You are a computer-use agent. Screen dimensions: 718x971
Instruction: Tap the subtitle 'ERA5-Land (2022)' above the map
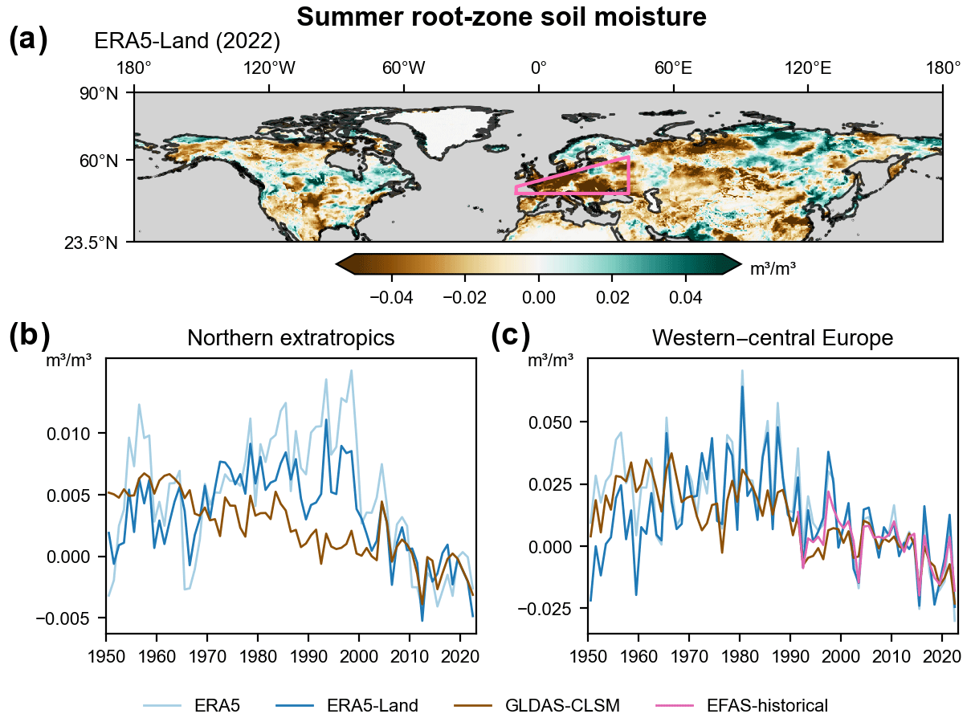186,41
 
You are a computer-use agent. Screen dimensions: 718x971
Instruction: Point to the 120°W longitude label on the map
269,69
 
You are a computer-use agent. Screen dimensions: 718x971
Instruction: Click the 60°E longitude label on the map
673,69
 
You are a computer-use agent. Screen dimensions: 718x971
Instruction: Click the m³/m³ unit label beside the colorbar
773,269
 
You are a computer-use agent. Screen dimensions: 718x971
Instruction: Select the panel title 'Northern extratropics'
291,338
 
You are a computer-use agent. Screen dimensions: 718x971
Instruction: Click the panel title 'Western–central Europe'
773,338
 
